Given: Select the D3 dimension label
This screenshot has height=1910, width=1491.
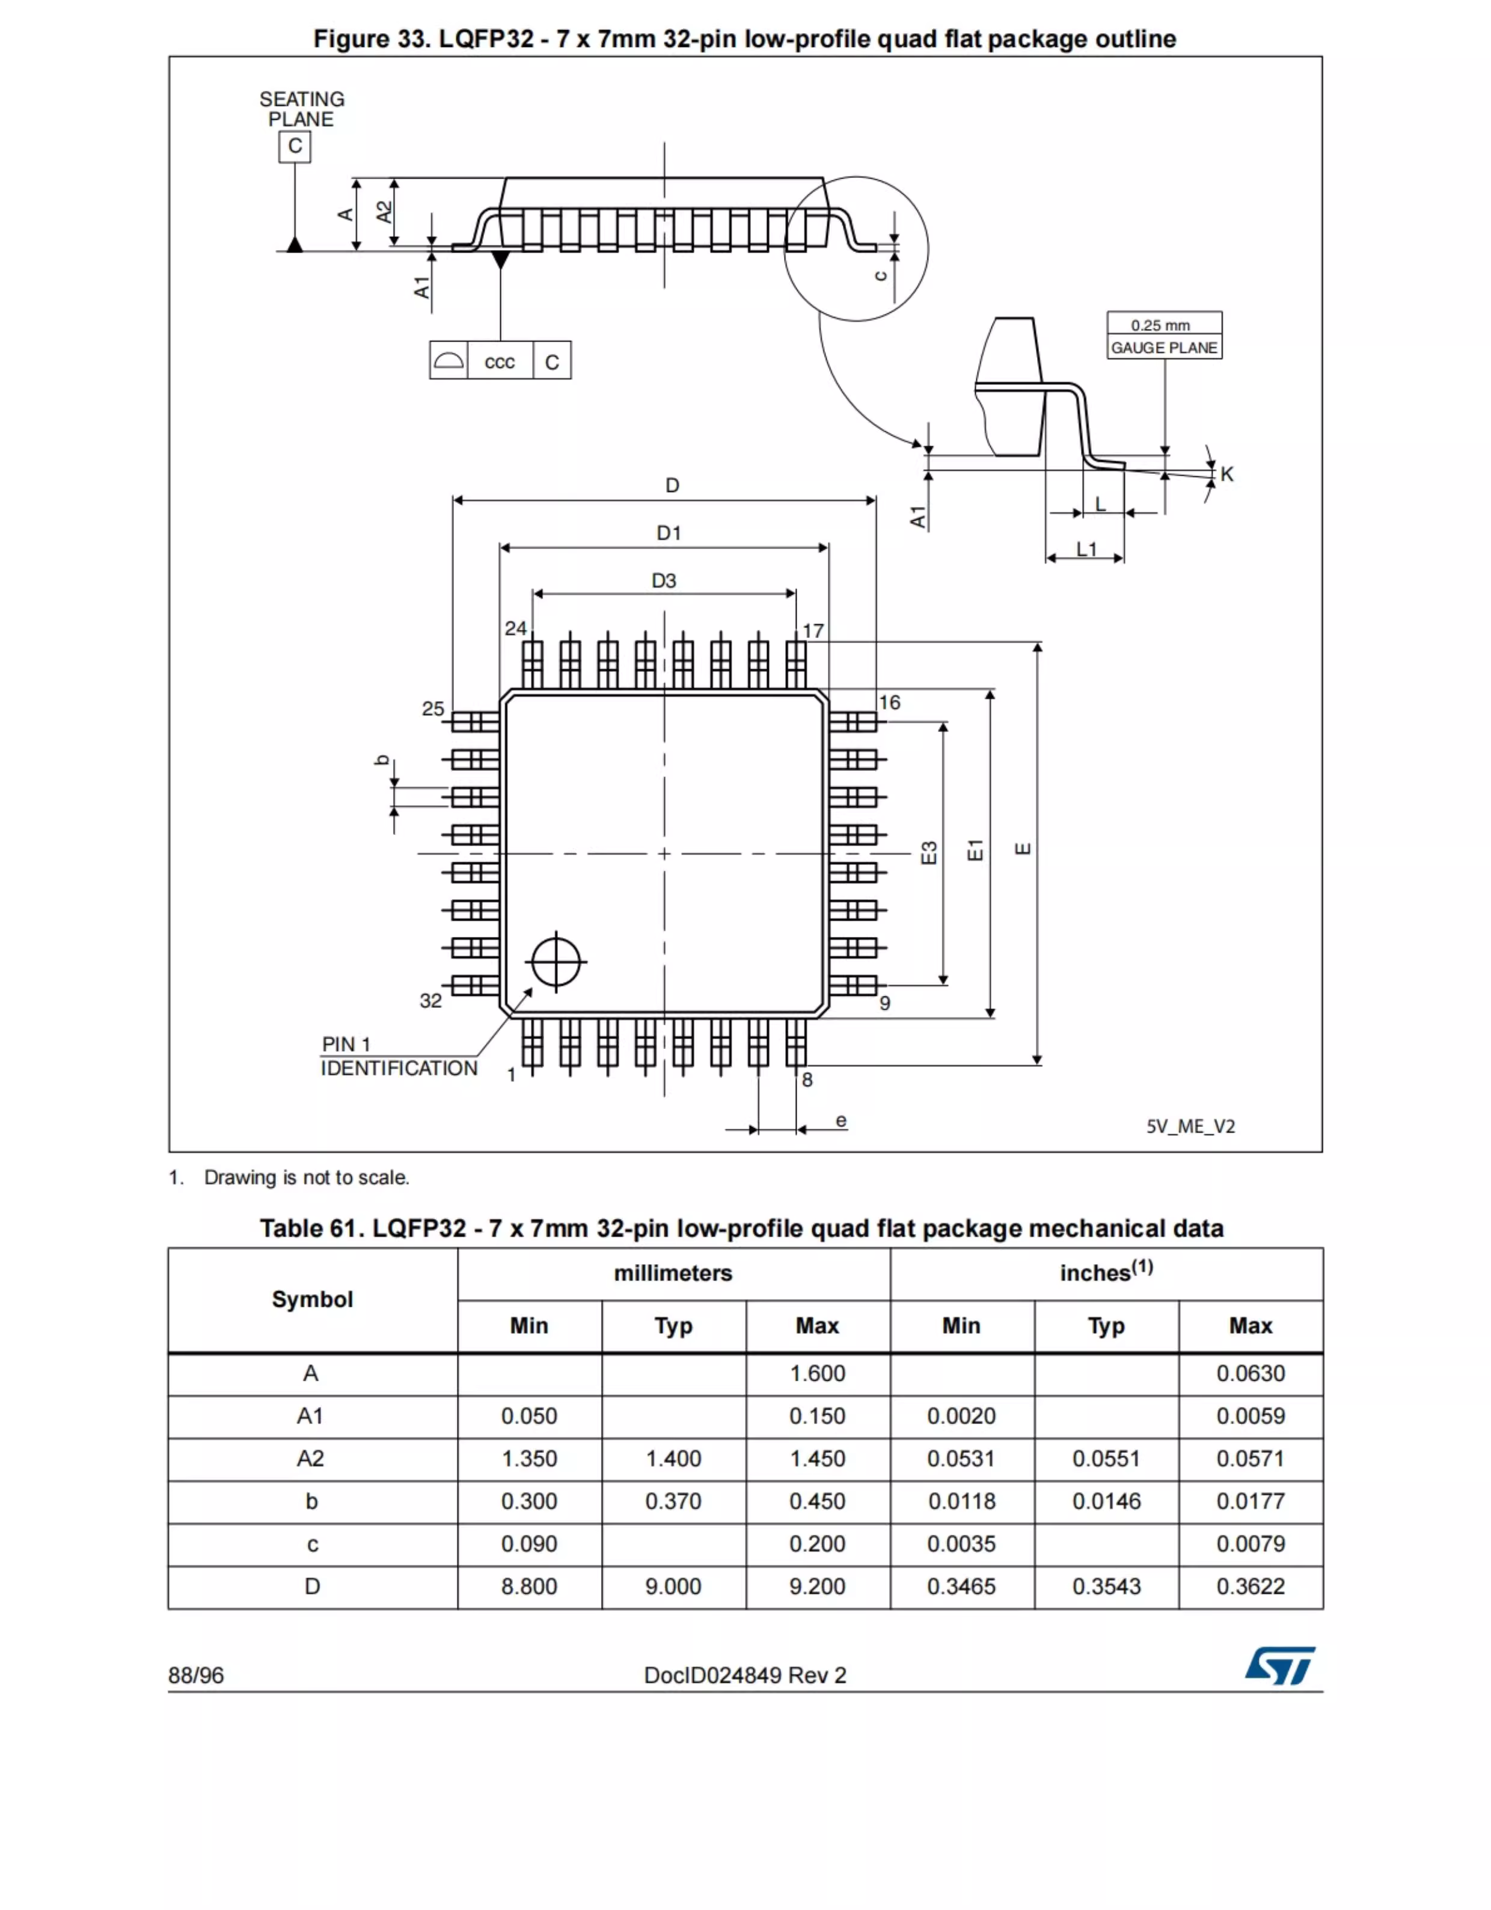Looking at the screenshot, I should coord(664,581).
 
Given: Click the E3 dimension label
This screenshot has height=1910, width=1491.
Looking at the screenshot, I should coord(929,853).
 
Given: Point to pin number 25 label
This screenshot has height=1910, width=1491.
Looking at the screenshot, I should coord(433,708).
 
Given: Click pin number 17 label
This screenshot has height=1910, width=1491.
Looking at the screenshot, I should coord(813,630).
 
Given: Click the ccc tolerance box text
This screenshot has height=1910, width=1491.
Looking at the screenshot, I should coord(500,362).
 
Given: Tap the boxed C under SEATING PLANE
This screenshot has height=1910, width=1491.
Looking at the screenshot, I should coord(295,146).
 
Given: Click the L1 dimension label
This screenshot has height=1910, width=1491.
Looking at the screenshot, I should coord(1086,549).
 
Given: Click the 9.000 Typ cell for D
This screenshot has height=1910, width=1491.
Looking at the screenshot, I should coord(673,1586).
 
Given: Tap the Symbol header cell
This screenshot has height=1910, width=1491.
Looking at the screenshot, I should coord(312,1300).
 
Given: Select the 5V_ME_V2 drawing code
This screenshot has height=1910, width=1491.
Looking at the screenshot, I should coord(1190,1126).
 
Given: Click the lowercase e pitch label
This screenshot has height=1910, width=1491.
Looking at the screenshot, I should coord(840,1120).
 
